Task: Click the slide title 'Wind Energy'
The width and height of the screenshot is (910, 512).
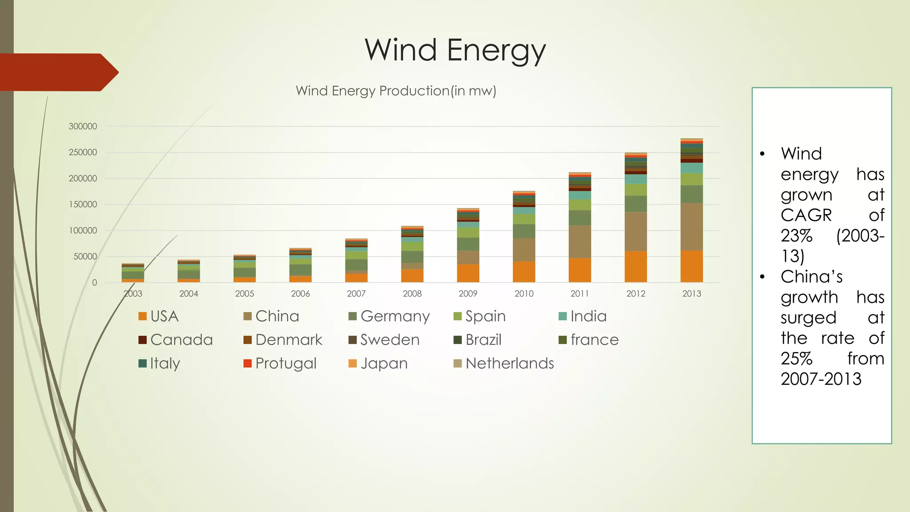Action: point(455,50)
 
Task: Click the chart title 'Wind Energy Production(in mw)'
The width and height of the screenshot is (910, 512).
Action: point(395,91)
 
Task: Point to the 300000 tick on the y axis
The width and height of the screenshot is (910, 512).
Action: point(83,126)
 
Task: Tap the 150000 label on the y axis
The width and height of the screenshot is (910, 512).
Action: point(83,204)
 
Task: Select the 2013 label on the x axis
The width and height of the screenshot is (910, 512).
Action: point(691,293)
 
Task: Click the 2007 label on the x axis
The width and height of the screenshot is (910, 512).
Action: point(356,293)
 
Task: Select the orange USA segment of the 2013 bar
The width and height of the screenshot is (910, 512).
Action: point(691,267)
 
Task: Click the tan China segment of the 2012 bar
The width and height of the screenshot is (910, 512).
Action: point(635,232)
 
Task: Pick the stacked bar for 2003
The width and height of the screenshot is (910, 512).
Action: point(132,273)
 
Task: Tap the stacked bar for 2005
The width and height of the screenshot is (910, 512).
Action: point(244,269)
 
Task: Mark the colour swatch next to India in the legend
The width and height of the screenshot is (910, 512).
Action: point(563,316)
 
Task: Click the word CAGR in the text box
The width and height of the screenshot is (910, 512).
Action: point(806,215)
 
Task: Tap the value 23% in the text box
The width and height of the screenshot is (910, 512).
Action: point(796,236)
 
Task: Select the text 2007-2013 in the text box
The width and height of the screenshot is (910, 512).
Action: point(821,379)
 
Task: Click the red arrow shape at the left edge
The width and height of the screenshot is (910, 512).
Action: point(58,72)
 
